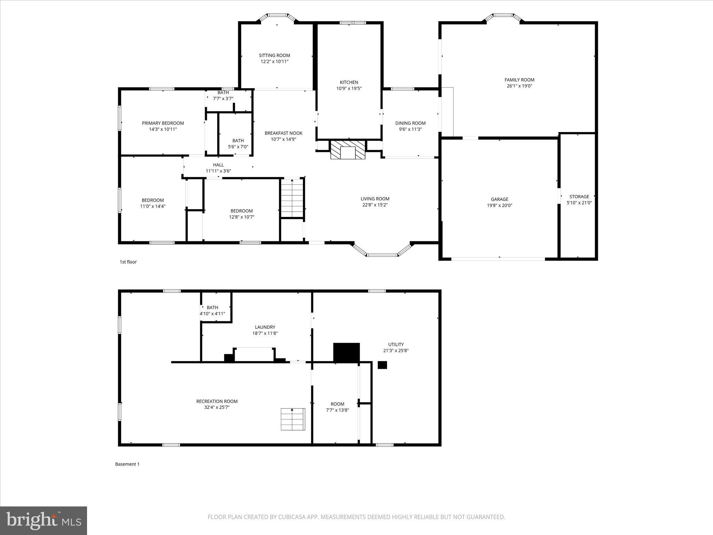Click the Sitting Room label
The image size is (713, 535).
click(x=274, y=55)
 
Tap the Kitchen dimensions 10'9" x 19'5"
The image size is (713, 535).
click(x=349, y=88)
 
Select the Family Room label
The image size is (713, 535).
click(x=519, y=80)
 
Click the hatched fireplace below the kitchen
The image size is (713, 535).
click(x=348, y=150)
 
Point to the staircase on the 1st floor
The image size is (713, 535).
click(x=292, y=198)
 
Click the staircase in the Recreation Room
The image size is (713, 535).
click(x=293, y=419)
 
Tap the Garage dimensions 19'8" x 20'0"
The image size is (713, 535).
click(x=500, y=206)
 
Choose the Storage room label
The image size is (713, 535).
click(x=579, y=196)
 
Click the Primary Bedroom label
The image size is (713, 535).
click(x=163, y=123)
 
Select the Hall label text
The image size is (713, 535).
click(x=218, y=165)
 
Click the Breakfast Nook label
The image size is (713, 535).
click(x=283, y=133)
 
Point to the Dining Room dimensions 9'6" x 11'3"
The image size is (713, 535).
click(x=410, y=129)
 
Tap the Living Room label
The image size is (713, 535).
click(x=375, y=199)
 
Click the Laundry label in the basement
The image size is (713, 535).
click(x=265, y=327)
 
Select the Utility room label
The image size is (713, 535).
click(x=396, y=344)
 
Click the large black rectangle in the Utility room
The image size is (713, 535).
click(x=346, y=352)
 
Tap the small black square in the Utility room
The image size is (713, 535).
click(x=382, y=365)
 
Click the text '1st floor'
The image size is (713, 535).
click(x=128, y=262)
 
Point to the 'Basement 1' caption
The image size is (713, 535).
click(x=127, y=464)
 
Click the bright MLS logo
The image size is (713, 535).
click(x=44, y=520)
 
